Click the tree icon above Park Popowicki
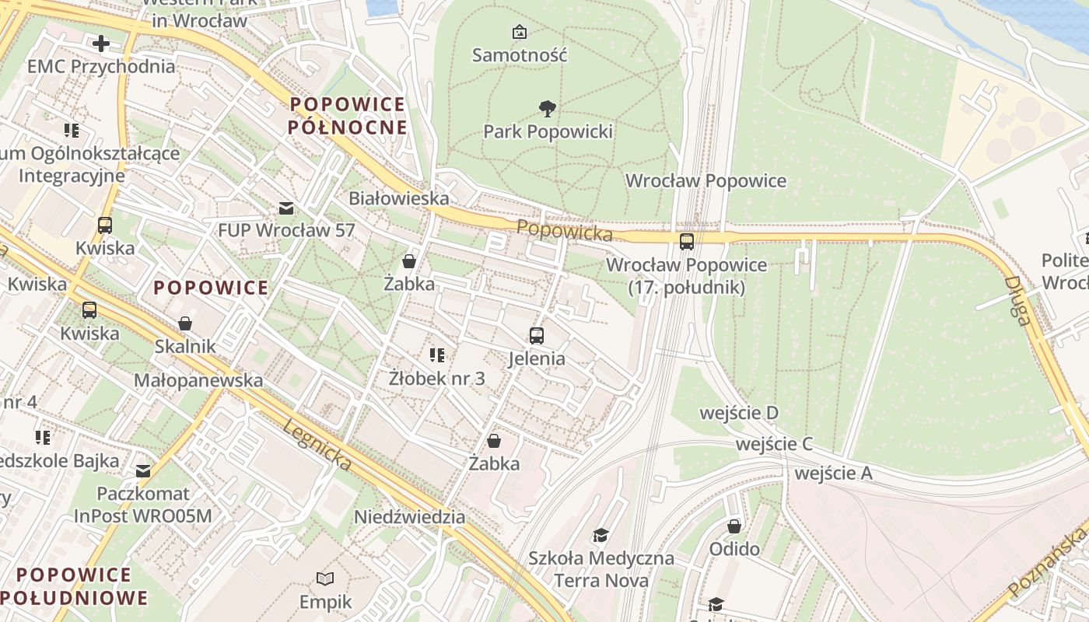pos(548,108)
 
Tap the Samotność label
pos(520,55)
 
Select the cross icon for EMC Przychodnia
pos(101,43)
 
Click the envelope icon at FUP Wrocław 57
pos(286,208)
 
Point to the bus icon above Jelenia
pos(537,336)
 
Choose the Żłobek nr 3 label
pos(436,379)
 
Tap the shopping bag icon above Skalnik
pos(185,323)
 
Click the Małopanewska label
pos(198,380)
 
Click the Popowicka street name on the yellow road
pos(564,230)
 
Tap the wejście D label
pos(739,413)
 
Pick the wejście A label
pos(834,473)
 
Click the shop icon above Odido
pos(734,526)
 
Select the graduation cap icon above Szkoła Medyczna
pos(601,535)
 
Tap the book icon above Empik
pos(325,578)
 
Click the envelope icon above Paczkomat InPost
pos(143,470)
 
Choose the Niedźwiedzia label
pos(410,517)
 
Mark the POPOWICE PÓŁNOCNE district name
pos(348,115)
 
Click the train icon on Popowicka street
pos(687,242)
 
